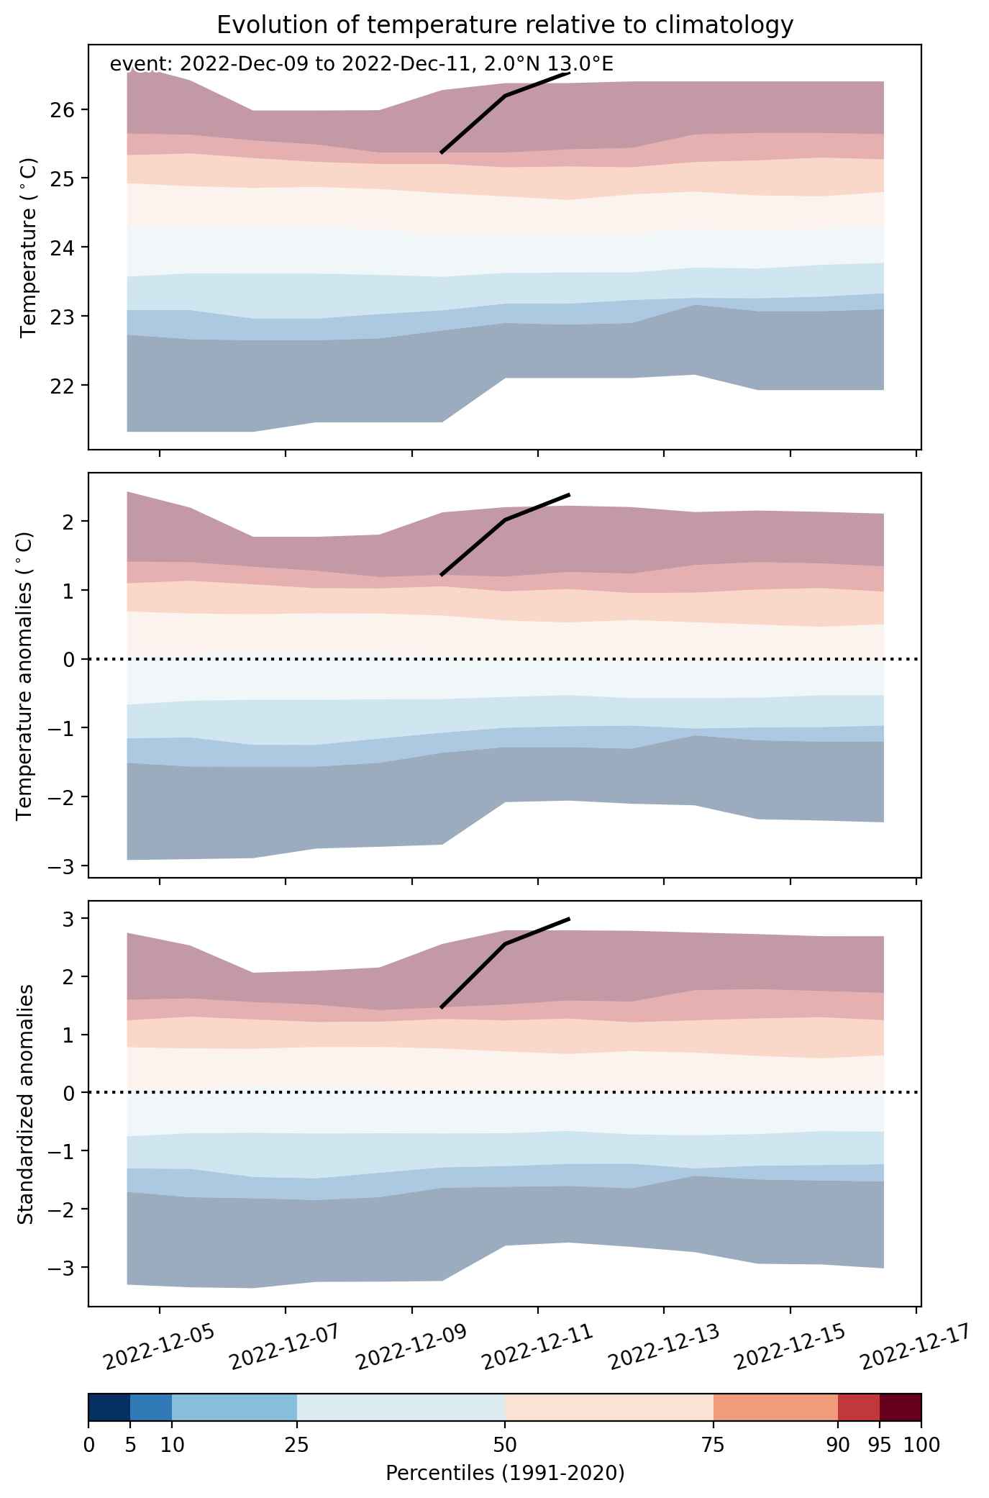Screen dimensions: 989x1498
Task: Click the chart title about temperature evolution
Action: [505, 24]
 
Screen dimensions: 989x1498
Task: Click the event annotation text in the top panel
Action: [361, 65]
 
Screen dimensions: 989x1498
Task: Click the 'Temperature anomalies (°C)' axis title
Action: [24, 675]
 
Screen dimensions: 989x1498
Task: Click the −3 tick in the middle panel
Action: [60, 866]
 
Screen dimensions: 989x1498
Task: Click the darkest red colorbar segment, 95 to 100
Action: [901, 1407]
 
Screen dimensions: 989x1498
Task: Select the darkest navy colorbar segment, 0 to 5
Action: [109, 1407]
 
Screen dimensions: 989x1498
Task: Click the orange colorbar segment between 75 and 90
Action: [776, 1407]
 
